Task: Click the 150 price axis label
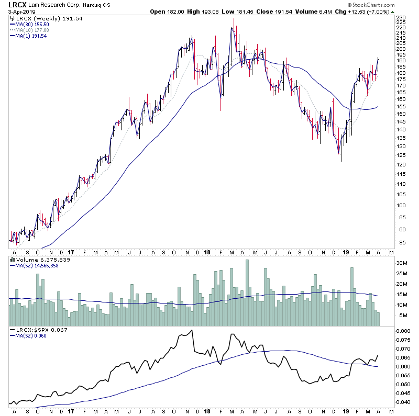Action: tap(401, 114)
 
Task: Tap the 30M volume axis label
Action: tap(401, 263)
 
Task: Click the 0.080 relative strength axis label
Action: tap(403, 331)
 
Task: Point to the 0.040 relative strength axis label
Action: tap(403, 402)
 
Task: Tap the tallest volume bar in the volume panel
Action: tap(247, 293)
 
